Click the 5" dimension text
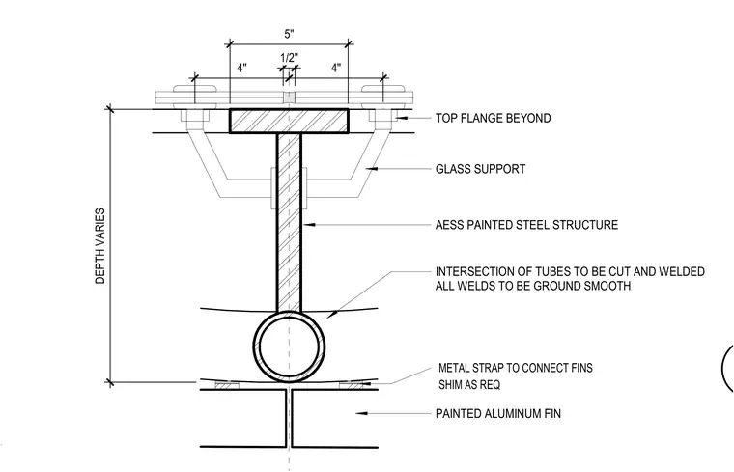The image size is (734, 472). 290,34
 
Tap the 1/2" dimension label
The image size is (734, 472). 290,58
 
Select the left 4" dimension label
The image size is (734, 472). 241,68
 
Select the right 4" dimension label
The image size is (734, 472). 336,68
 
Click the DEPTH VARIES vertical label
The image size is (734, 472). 100,246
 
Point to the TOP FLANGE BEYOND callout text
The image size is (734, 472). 493,118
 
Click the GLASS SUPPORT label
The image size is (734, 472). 480,169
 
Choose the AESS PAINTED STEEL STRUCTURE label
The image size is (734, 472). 526,225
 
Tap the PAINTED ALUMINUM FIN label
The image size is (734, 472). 498,413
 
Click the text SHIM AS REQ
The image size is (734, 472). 469,385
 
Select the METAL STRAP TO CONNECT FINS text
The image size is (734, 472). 516,368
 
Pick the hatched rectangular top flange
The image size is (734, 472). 289,122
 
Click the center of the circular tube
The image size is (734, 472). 290,347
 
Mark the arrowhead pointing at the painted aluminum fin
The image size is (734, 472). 360,413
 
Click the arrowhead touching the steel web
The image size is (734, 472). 307,225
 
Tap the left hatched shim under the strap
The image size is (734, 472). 227,385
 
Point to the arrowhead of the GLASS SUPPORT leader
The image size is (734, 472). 371,168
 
